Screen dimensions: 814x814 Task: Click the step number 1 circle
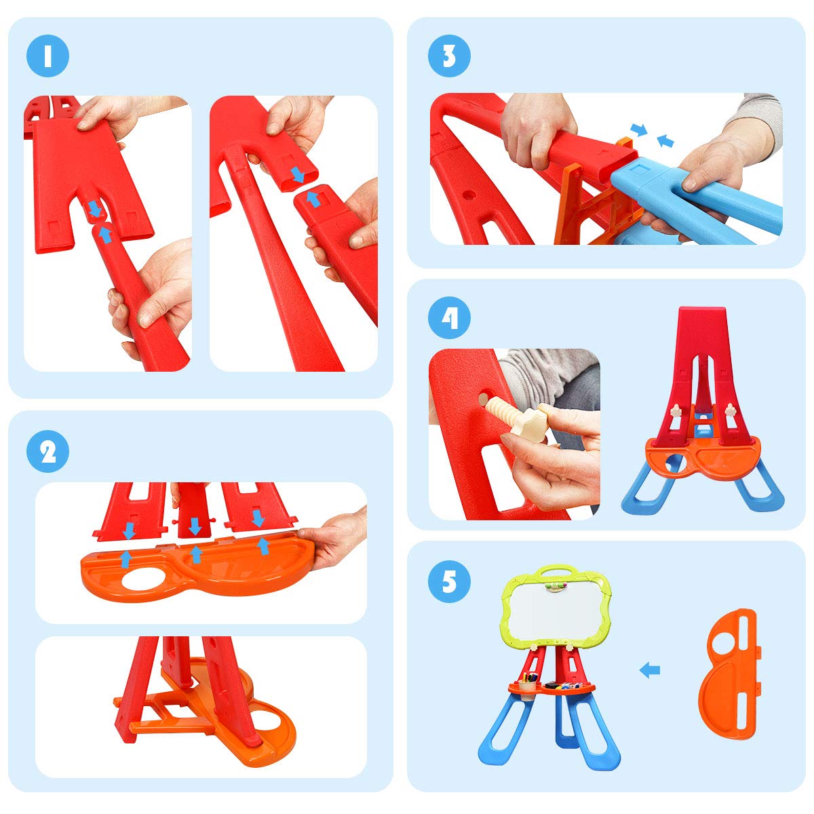click(47, 56)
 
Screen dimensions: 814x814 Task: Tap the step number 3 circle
click(449, 56)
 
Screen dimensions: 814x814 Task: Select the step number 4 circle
click(449, 318)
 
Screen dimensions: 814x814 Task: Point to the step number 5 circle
click(449, 581)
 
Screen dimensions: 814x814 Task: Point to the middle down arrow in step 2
click(195, 526)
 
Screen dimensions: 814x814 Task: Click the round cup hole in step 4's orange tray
click(674, 464)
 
